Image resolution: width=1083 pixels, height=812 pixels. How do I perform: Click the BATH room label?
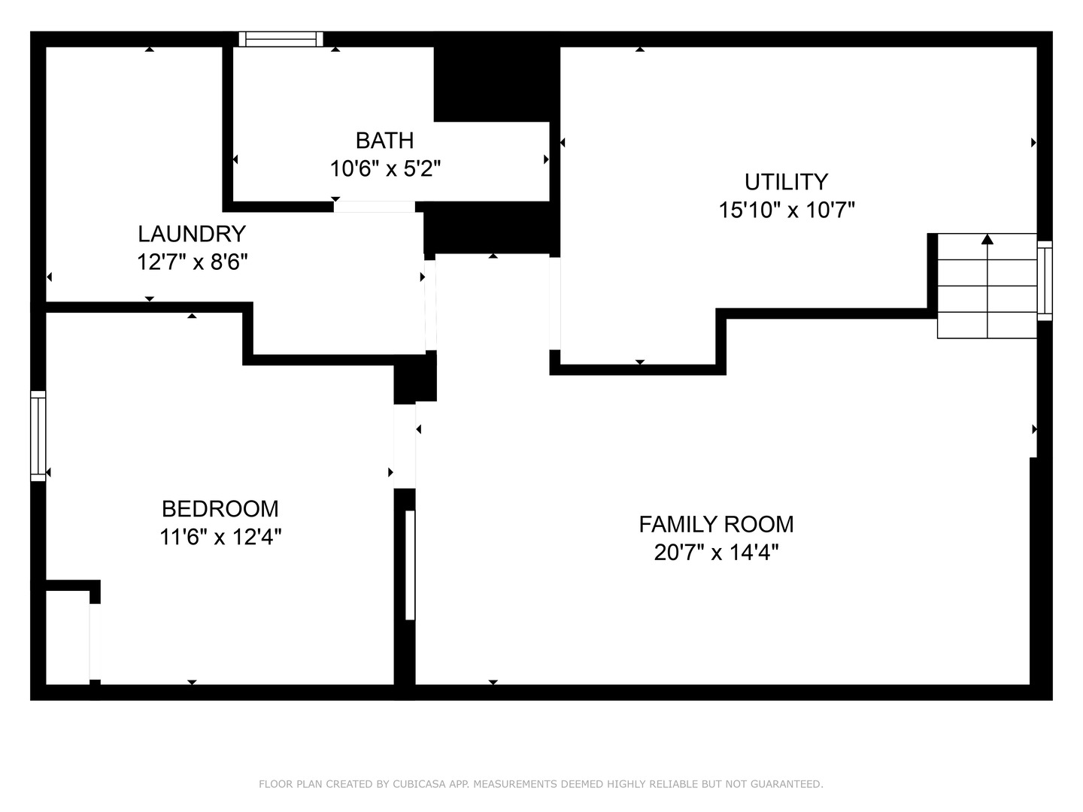click(x=384, y=141)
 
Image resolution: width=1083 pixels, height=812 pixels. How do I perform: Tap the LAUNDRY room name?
click(x=192, y=234)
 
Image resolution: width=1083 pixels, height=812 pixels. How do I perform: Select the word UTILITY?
click(x=786, y=183)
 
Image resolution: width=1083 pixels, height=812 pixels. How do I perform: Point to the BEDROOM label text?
click(x=220, y=509)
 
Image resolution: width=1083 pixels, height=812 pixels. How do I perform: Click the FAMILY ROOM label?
click(x=716, y=524)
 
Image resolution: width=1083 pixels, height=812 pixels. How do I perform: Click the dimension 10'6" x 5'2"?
click(x=385, y=169)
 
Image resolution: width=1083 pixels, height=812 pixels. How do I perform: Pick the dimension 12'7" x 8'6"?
click(x=192, y=262)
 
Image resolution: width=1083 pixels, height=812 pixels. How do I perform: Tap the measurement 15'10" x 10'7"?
click(x=787, y=211)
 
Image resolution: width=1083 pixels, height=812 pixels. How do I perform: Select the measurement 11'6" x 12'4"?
click(x=220, y=536)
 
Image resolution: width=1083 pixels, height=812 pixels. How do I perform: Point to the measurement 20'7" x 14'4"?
click(x=717, y=552)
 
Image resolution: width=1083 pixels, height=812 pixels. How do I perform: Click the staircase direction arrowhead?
click(x=987, y=239)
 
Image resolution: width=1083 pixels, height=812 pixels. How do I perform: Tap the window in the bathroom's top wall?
click(x=281, y=39)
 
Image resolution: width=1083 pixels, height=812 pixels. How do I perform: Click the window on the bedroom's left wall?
click(x=38, y=436)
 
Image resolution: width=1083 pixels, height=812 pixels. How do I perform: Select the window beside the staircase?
click(x=1045, y=281)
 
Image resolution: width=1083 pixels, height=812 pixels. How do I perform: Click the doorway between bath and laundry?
click(x=375, y=207)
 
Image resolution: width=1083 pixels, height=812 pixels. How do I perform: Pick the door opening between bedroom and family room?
click(x=405, y=446)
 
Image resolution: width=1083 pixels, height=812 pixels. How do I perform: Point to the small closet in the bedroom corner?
click(x=68, y=638)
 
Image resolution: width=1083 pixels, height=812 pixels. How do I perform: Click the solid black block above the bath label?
click(x=497, y=84)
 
